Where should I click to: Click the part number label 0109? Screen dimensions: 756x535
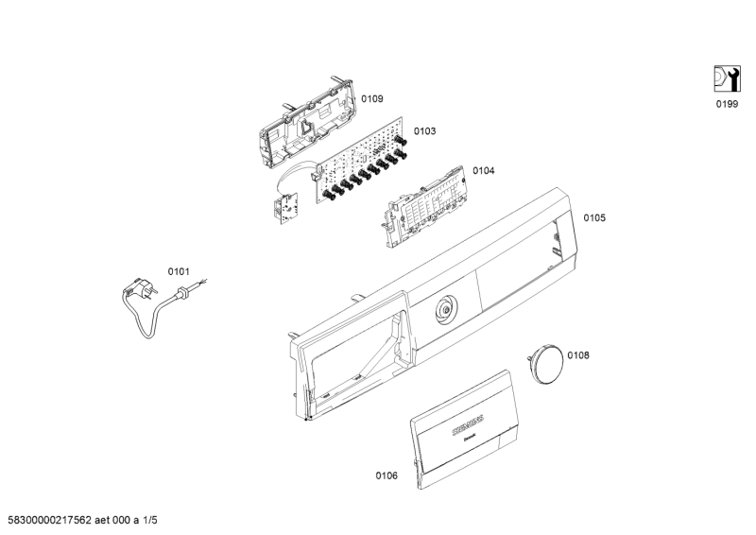(x=372, y=99)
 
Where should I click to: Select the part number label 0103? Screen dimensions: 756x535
(x=424, y=131)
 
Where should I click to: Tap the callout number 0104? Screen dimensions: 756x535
(x=483, y=171)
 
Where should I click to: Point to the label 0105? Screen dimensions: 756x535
(x=594, y=218)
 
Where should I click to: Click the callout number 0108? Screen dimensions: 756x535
(x=578, y=355)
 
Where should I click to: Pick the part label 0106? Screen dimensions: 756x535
(x=387, y=476)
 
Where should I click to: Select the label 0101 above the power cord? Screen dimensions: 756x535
(x=179, y=272)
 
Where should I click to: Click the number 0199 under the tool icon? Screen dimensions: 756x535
(x=727, y=104)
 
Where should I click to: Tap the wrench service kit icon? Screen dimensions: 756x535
(x=727, y=78)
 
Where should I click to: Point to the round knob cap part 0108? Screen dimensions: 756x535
(x=545, y=364)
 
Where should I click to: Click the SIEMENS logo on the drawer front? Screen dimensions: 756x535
(x=468, y=425)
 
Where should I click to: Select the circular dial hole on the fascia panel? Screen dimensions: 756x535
(x=446, y=309)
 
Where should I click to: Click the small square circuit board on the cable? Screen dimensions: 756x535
(x=285, y=205)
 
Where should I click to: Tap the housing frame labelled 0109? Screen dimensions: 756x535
(x=308, y=123)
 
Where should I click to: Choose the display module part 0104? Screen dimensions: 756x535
(x=425, y=206)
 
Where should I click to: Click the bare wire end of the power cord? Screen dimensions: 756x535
(x=203, y=281)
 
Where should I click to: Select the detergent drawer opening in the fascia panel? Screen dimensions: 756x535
(x=355, y=356)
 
